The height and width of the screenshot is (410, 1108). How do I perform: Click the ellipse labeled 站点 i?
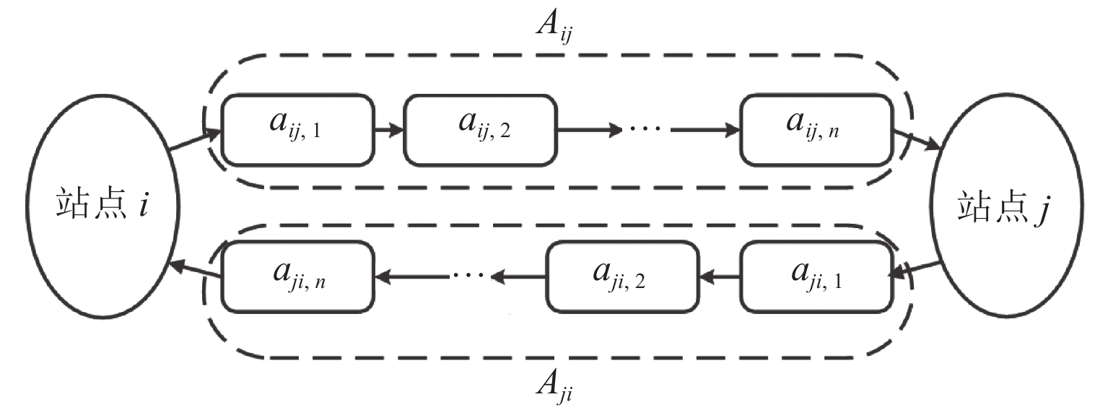coord(101,206)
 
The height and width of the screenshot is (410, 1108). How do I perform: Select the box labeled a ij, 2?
coord(480,130)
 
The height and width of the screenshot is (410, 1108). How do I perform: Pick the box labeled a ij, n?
coord(816,130)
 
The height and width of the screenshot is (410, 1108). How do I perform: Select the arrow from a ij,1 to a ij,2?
coord(388,131)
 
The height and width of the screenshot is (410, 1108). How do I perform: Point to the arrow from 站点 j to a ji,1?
coord(915,269)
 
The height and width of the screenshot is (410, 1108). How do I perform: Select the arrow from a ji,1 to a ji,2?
coord(719,275)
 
